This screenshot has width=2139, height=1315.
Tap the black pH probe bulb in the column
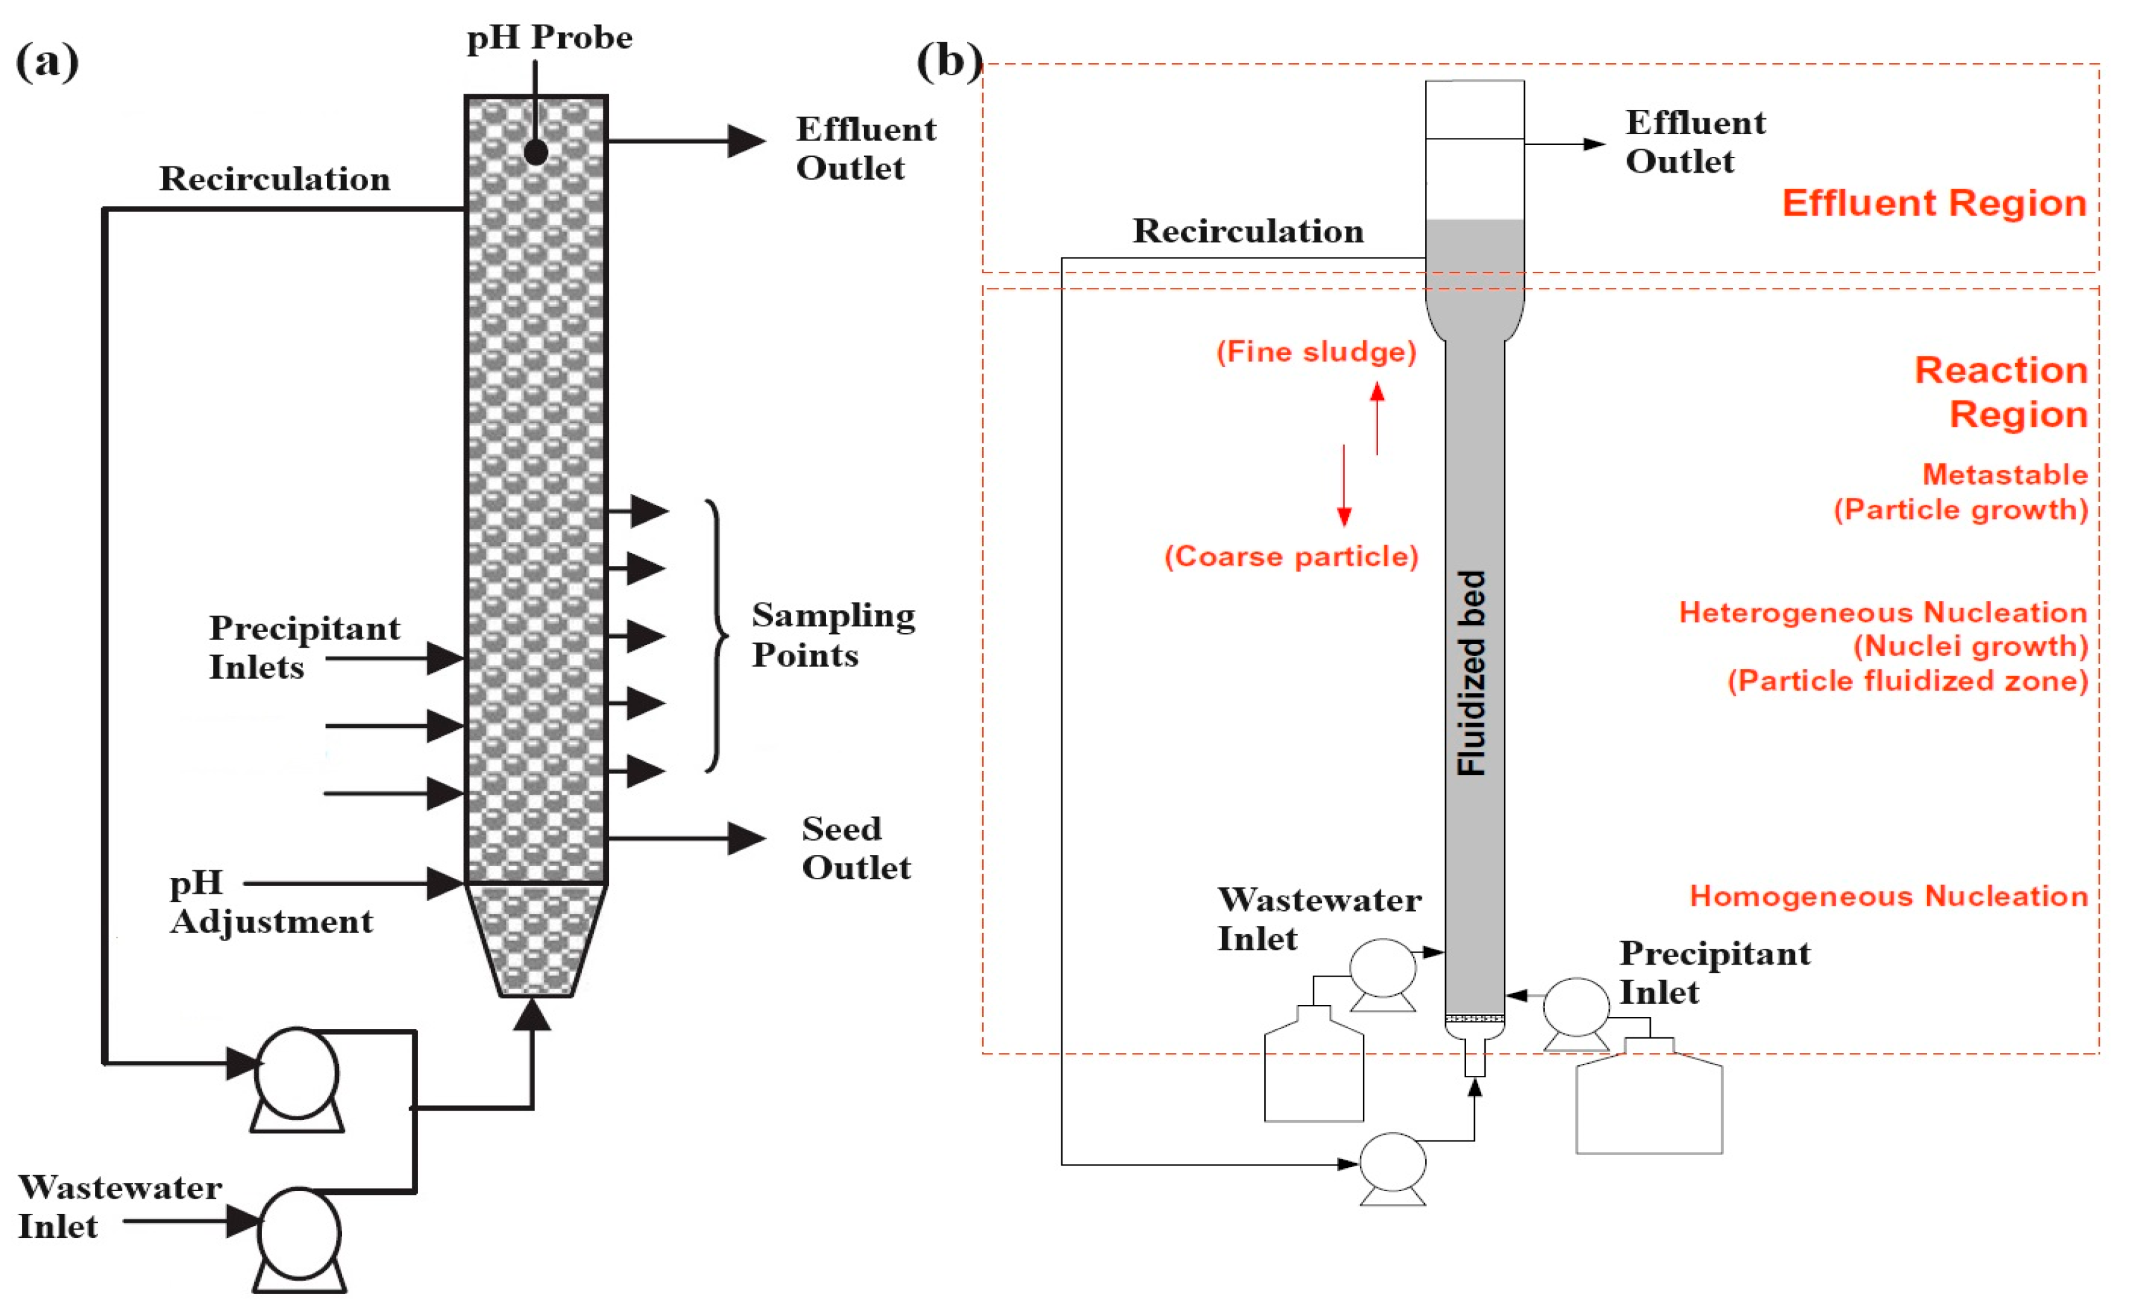[x=536, y=152]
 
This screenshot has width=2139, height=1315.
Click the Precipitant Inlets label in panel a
[x=304, y=646]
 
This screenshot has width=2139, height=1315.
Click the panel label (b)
[x=949, y=61]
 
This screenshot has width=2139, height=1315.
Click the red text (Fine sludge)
[x=1316, y=352]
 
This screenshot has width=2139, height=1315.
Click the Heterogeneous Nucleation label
[x=1882, y=612]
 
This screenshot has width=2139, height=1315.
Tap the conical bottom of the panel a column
[x=535, y=940]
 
